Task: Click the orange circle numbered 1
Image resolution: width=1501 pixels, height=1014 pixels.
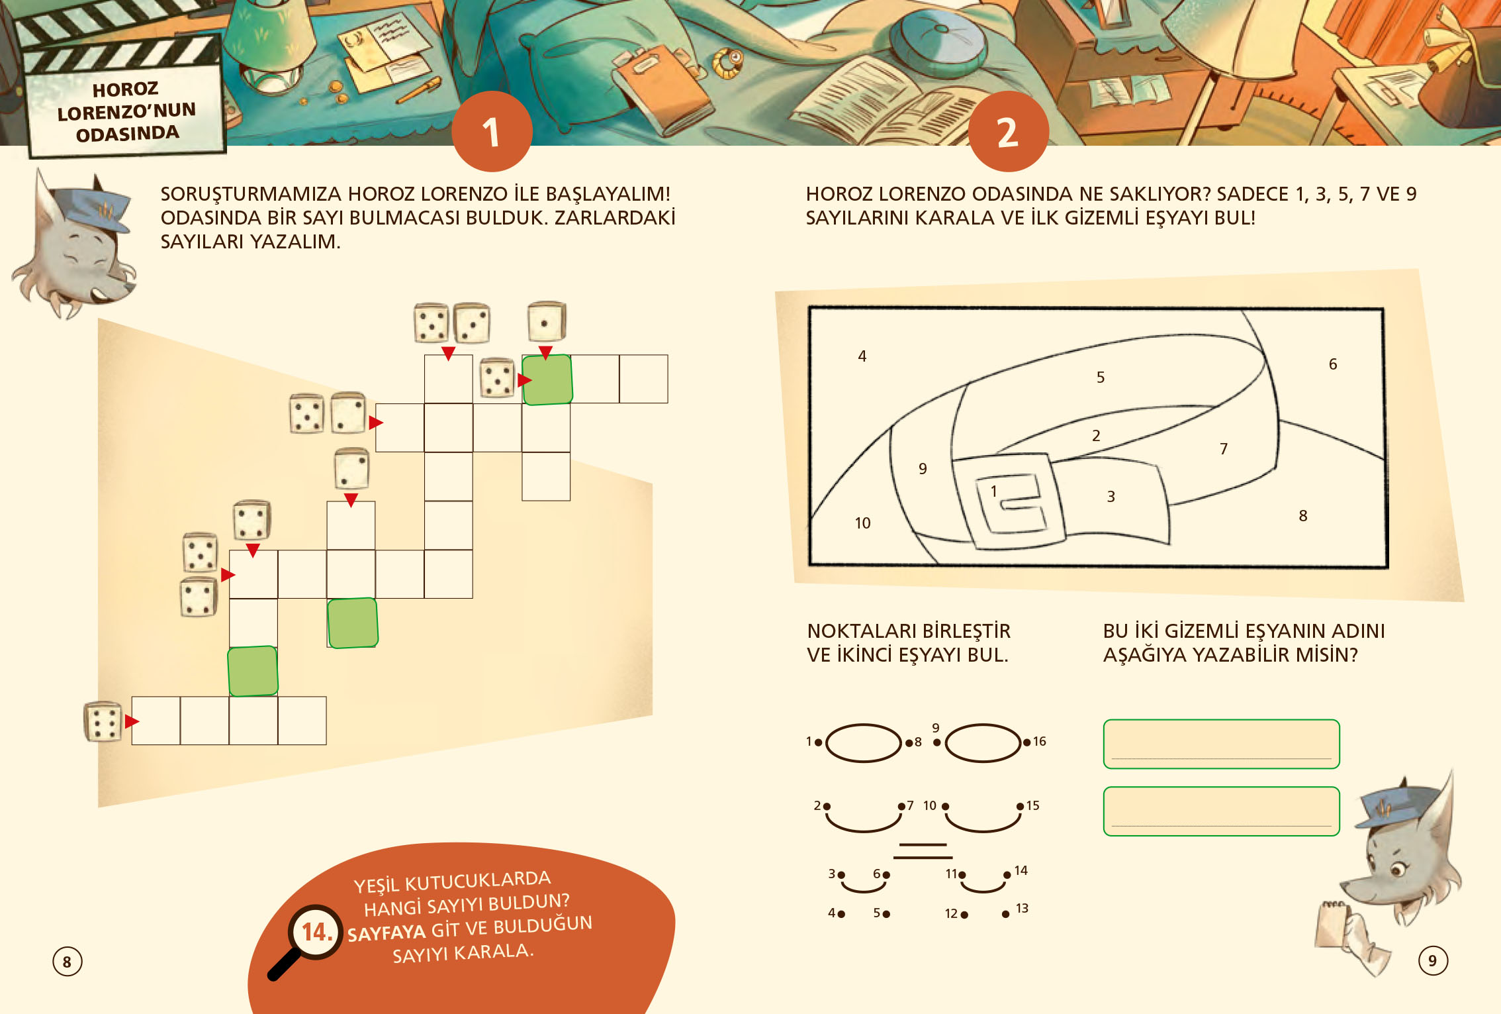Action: click(492, 131)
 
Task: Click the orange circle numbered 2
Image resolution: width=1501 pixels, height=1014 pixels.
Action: click(1008, 131)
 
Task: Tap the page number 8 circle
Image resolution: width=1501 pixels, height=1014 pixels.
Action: click(67, 962)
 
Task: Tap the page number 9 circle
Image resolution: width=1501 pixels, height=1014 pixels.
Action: click(1433, 960)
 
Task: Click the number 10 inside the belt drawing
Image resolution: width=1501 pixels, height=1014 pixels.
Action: click(862, 523)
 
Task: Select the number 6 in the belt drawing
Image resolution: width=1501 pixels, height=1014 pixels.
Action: click(1333, 364)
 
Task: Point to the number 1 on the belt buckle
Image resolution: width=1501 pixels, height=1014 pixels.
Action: click(993, 491)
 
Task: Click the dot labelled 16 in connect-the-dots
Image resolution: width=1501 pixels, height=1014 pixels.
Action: click(1026, 742)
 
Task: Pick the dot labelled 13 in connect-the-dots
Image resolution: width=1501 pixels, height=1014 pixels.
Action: click(1005, 915)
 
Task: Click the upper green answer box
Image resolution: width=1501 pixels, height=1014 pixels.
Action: click(1221, 744)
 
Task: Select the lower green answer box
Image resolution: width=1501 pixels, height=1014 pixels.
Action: click(1221, 811)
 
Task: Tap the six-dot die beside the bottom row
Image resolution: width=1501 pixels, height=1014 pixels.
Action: click(103, 721)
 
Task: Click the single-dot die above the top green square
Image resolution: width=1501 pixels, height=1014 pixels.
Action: click(546, 322)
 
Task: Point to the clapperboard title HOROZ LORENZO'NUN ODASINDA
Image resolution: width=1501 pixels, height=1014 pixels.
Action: click(126, 111)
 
